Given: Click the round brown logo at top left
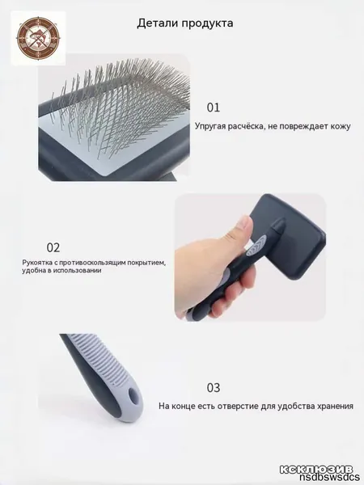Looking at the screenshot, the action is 38,38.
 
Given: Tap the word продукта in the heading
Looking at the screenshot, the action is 207,24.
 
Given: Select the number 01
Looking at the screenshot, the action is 214,108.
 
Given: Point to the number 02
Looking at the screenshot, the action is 53,248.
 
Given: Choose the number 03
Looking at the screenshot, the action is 214,388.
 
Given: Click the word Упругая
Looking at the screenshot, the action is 210,127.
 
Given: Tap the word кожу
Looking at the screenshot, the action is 341,127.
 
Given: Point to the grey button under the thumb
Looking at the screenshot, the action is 256,246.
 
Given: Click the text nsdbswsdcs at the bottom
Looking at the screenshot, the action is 329,477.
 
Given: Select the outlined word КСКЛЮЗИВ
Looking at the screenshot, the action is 316,469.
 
